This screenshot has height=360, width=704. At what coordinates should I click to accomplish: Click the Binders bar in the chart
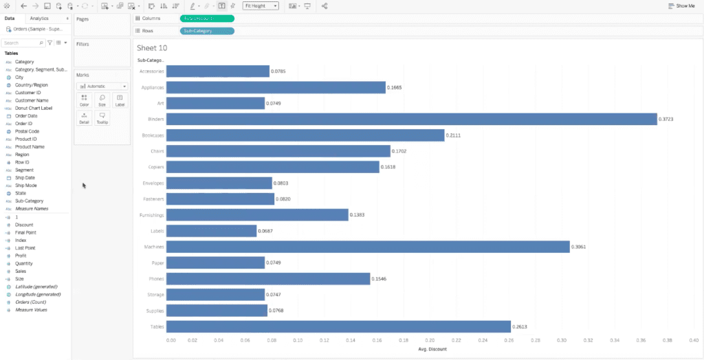411,119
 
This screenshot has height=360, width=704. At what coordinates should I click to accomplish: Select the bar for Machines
368,247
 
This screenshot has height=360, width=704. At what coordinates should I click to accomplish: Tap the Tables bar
338,326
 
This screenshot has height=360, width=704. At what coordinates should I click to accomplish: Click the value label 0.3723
666,120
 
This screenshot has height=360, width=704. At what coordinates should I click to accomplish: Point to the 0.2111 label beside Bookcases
454,135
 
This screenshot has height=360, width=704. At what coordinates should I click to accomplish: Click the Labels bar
211,231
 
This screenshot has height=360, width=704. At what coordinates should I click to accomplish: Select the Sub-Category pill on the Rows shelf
206,31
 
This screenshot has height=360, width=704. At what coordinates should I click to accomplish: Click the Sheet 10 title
152,48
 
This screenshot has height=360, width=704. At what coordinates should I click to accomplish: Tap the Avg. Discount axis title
432,349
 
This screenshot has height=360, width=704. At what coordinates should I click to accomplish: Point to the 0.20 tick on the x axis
430,339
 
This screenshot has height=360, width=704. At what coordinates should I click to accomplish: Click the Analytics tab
39,18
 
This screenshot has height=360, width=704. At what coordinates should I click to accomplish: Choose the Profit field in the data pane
21,256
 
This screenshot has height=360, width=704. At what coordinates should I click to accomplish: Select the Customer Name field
32,100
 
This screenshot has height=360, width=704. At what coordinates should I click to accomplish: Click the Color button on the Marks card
84,100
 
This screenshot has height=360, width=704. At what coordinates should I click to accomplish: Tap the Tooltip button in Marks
102,119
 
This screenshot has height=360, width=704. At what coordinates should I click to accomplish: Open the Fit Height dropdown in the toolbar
261,5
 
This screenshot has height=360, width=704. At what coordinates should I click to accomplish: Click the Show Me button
681,5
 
